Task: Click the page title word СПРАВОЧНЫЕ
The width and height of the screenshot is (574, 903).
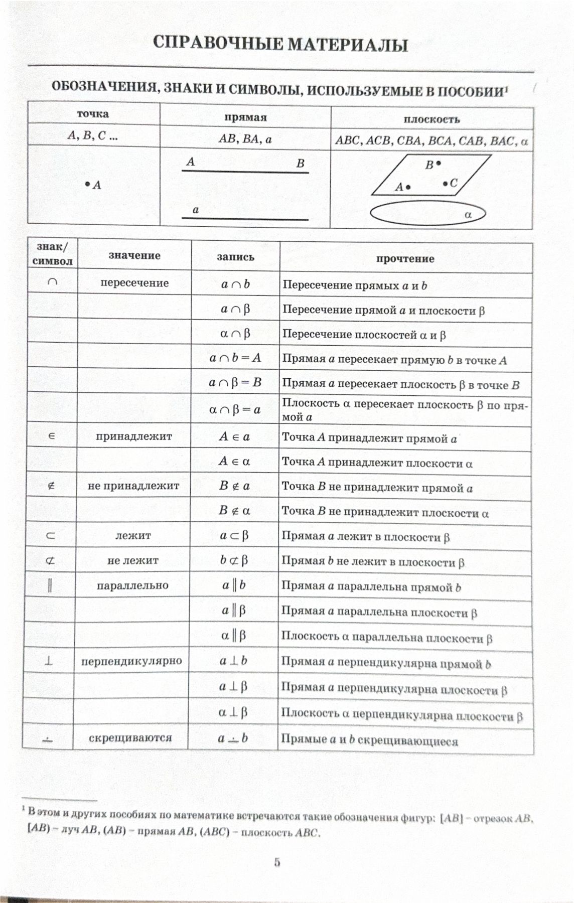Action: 217,44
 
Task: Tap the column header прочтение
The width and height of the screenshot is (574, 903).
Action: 405,259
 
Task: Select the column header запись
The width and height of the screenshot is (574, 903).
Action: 235,257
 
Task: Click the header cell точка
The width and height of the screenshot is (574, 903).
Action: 93,114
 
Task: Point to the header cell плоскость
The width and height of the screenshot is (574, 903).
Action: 432,119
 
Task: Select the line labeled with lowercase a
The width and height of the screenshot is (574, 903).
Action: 245,219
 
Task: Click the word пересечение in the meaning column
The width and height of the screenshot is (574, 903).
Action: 134,283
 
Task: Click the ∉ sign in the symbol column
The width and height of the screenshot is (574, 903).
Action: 51,486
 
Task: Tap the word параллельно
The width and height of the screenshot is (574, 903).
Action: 132,585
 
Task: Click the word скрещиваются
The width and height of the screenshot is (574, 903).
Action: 130,738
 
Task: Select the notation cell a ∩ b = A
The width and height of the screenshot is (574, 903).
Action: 235,358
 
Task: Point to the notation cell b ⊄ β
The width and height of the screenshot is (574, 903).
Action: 234,560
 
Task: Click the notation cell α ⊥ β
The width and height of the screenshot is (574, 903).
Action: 233,712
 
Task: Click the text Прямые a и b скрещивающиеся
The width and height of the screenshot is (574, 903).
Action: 369,740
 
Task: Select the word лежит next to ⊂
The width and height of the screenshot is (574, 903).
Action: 133,535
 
